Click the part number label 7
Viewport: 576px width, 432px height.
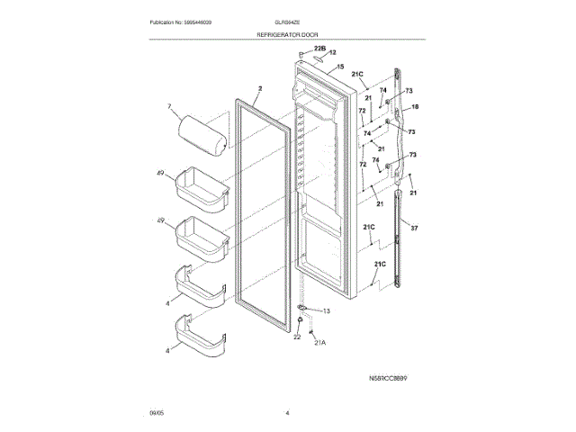pos(168,109)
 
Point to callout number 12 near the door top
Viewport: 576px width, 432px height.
pos(332,53)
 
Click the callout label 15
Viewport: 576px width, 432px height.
pos(340,67)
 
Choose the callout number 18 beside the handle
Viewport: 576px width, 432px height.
pos(416,107)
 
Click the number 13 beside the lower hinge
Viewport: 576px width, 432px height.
pos(327,311)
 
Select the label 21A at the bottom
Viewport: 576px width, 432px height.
pos(319,343)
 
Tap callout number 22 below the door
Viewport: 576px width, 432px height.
pos(297,337)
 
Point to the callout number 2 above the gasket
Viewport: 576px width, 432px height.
pos(258,88)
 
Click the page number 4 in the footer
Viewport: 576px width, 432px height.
pos(287,413)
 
